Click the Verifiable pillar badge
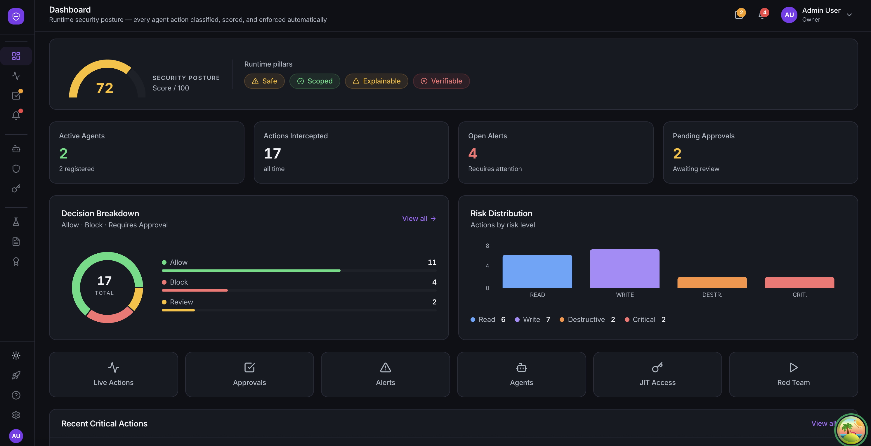coord(441,81)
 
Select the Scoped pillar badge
coord(315,81)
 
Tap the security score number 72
coord(105,88)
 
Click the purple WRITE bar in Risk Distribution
coord(624,269)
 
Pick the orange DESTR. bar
coord(712,283)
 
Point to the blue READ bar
coord(537,272)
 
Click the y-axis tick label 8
coord(487,246)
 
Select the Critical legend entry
coord(644,320)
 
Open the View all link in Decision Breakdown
coord(419,219)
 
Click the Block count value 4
coord(434,282)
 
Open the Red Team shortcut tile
coord(793,374)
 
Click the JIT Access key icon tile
coord(657,374)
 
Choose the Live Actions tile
coord(113,374)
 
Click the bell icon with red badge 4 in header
coord(762,15)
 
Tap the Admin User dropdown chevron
coord(849,15)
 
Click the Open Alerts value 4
coord(472,154)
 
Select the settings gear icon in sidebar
coord(16,415)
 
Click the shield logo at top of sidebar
coord(16,16)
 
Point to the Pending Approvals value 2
coord(677,154)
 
